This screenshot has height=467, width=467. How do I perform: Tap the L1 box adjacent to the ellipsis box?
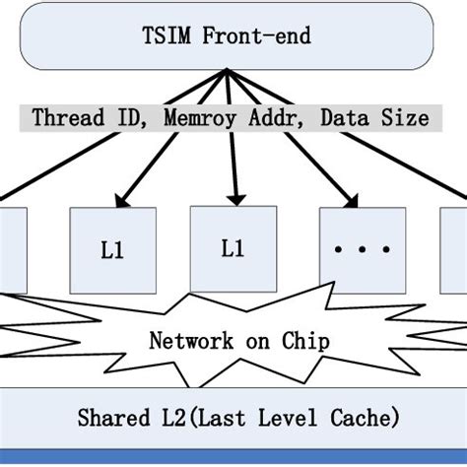(x=233, y=248)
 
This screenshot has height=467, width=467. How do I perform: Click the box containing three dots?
(x=362, y=250)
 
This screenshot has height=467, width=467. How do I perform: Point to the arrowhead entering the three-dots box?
(x=352, y=202)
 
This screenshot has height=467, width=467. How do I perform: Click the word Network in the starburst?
(x=191, y=341)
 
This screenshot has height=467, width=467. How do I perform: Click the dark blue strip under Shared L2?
(x=233, y=457)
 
